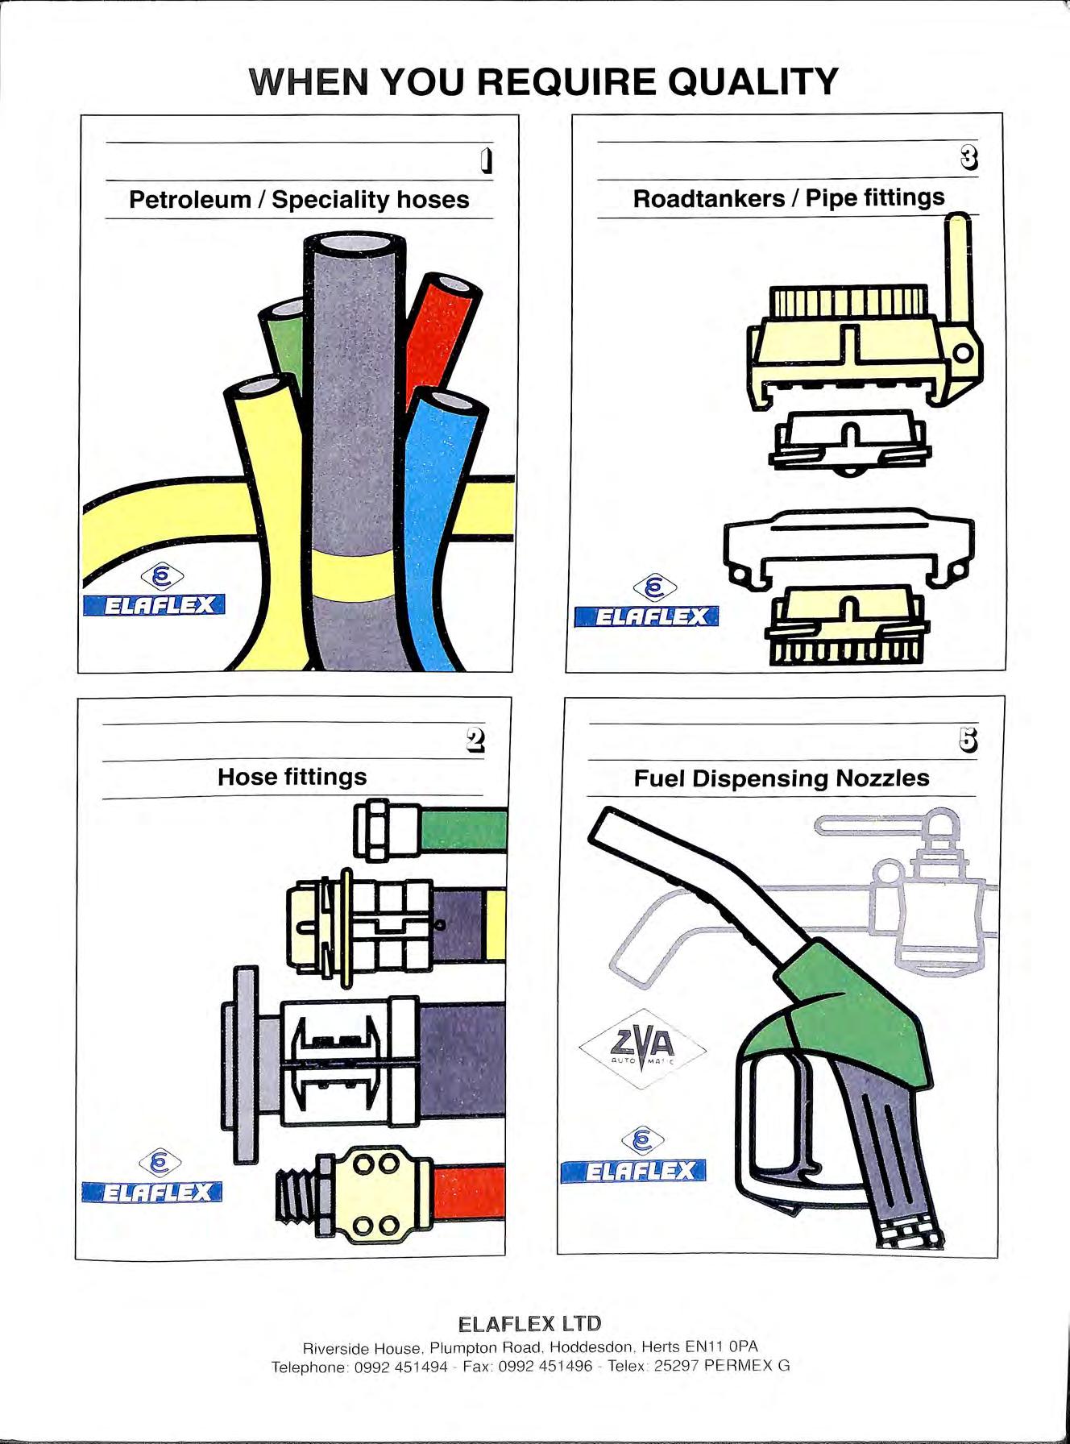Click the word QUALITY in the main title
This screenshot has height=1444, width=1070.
pos(753,81)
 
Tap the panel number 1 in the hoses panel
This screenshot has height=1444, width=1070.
pos(485,161)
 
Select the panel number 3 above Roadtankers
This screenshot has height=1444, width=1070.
pos(969,158)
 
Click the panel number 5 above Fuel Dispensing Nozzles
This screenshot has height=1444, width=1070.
pos(968,739)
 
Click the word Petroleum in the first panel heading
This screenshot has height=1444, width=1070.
pos(190,200)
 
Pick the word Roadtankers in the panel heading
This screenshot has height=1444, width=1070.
pos(708,198)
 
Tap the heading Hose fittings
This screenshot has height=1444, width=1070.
pos(292,777)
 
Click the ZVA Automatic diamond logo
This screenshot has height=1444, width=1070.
pos(642,1048)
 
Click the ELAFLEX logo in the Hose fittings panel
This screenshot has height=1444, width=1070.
pos(151,1191)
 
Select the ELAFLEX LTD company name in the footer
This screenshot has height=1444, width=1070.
pos(529,1324)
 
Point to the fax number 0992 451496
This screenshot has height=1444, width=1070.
pos(545,1367)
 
